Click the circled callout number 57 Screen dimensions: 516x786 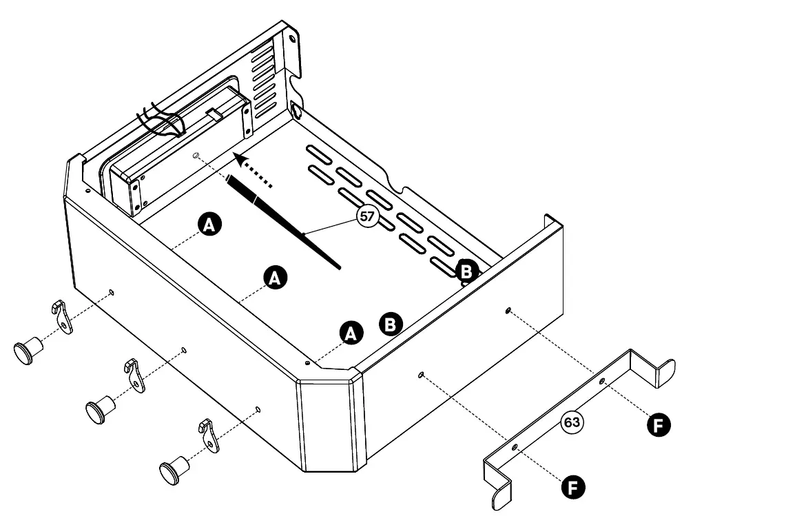367,216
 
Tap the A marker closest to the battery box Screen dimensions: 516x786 209,224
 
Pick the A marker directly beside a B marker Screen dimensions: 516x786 351,333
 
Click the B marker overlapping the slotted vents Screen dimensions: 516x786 466,271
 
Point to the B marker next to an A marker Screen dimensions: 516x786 391,323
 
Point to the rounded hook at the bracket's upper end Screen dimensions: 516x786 665,372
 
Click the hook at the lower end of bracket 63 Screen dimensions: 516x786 500,490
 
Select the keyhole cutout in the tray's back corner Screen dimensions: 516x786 296,109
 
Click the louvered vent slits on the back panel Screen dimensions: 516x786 264,79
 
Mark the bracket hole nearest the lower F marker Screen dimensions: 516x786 515,448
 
